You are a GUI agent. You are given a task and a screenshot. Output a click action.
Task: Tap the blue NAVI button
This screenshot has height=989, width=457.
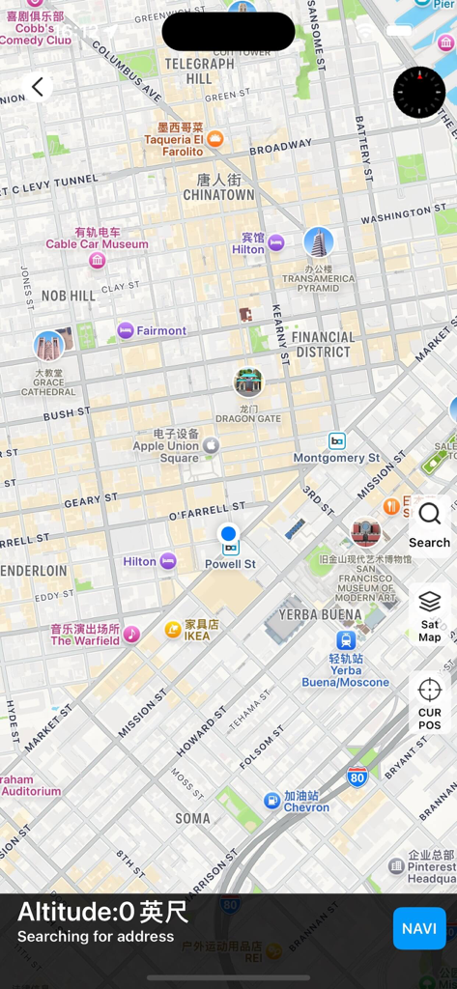[419, 928]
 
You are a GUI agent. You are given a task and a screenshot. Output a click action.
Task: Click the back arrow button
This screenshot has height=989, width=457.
[38, 87]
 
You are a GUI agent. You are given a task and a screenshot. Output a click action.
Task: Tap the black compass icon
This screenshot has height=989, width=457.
[419, 93]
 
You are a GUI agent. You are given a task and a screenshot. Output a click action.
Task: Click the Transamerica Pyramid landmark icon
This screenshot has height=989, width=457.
[318, 242]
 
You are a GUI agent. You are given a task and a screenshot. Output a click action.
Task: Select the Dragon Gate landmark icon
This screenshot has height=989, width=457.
[248, 382]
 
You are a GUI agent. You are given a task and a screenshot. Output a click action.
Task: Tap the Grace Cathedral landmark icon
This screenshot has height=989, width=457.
[48, 346]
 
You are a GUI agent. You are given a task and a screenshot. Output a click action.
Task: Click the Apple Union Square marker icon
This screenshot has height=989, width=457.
[211, 445]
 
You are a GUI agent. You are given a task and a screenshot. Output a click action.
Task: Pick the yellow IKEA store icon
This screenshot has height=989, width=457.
[173, 630]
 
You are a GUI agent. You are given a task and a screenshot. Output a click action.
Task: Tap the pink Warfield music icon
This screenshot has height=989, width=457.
[131, 634]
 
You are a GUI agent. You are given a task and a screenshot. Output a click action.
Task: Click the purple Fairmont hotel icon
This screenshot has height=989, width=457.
[126, 330]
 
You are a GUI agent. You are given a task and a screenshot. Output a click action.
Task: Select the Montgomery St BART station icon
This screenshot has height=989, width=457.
[336, 440]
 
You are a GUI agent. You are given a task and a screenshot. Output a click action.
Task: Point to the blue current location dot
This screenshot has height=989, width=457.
[228, 533]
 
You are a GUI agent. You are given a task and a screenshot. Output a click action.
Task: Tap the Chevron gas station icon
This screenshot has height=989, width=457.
[272, 800]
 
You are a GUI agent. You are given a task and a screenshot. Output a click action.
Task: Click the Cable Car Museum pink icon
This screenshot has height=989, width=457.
[97, 261]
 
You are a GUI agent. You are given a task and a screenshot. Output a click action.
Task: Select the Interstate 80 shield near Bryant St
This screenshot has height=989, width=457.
[357, 777]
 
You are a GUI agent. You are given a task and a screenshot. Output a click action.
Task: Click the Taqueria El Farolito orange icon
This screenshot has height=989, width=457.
[214, 139]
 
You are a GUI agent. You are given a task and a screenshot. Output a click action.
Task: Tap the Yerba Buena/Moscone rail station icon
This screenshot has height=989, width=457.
[346, 639]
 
